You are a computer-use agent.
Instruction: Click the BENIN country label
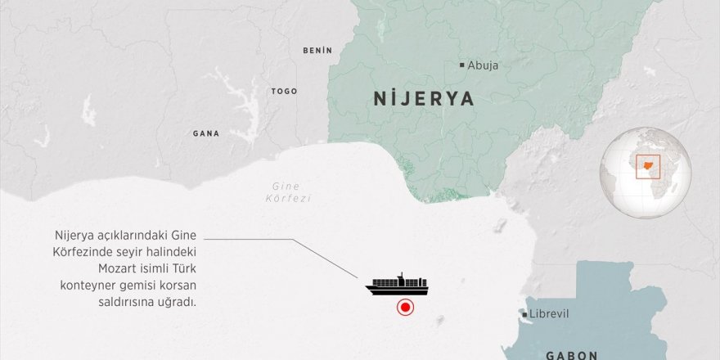tap(317, 51)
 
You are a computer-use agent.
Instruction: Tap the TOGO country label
tap(284, 92)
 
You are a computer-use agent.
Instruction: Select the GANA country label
tap(205, 133)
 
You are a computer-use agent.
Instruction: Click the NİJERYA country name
tap(424, 99)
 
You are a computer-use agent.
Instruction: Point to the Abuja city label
tap(484, 65)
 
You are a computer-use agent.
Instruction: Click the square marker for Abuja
tap(461, 65)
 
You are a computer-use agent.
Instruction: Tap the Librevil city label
tap(549, 314)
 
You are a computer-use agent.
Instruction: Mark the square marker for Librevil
tap(524, 314)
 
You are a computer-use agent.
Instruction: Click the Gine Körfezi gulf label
tap(292, 192)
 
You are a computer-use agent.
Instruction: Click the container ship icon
tap(398, 284)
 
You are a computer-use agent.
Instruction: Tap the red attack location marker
tap(404, 308)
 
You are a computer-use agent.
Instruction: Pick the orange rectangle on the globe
tap(648, 165)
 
